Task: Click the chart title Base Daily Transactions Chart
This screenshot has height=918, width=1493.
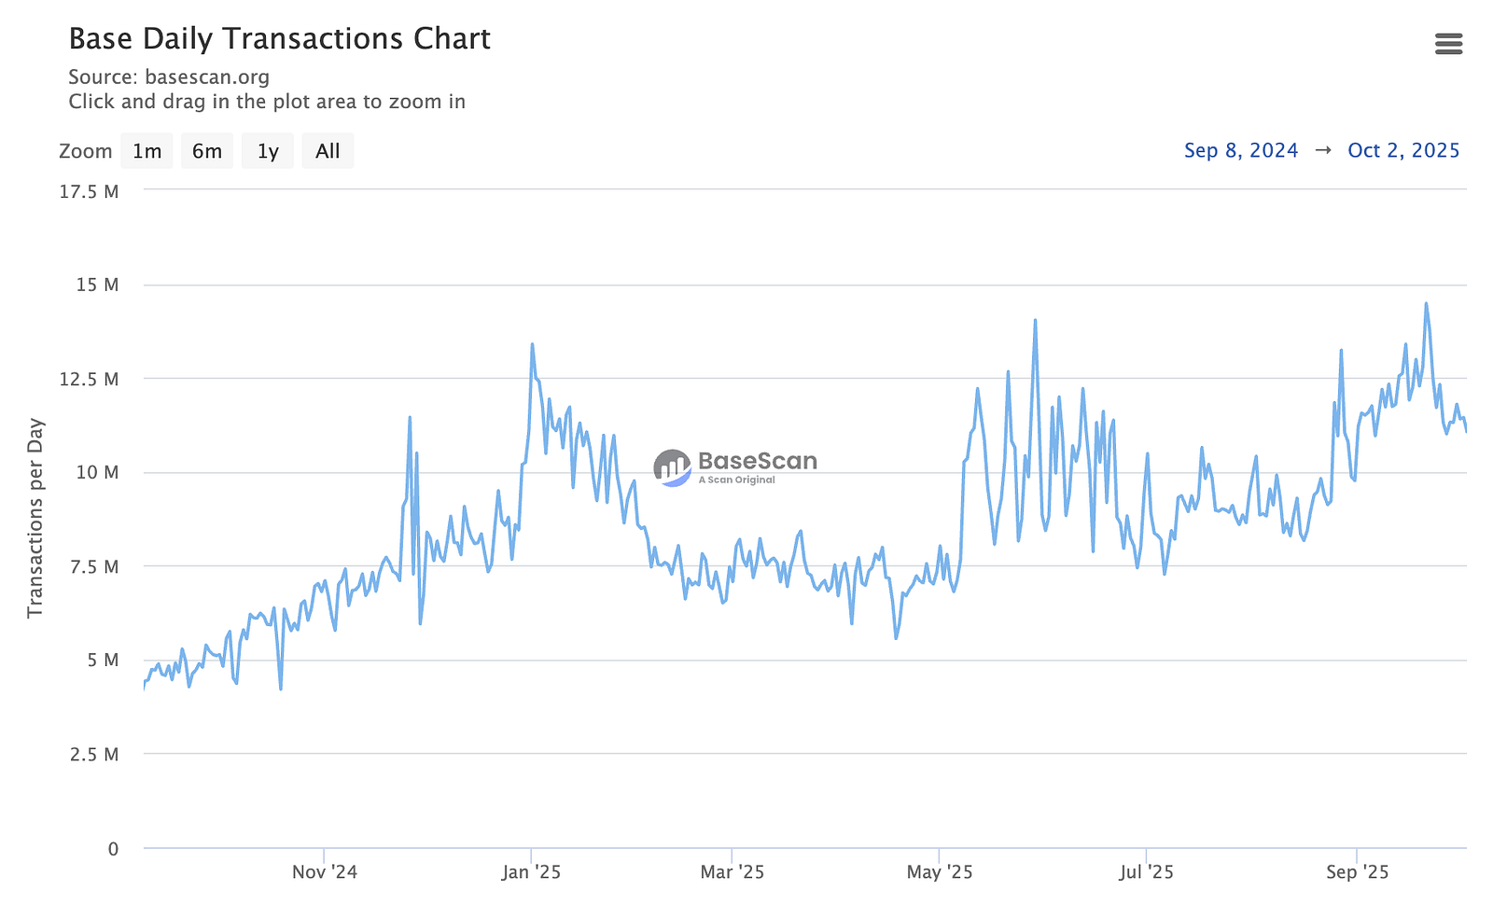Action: click(279, 38)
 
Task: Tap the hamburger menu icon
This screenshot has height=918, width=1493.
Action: click(1448, 44)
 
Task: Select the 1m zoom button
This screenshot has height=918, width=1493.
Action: click(147, 151)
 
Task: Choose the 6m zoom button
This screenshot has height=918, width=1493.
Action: click(207, 151)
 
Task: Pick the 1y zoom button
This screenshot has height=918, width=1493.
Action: click(268, 151)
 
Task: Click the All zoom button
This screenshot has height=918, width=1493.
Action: click(328, 151)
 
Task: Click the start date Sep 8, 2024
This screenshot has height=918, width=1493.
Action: click(1241, 150)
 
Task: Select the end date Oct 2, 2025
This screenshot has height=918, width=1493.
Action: click(1403, 150)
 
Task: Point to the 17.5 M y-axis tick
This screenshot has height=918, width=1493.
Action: click(89, 191)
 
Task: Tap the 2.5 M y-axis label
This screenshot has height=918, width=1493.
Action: click(94, 754)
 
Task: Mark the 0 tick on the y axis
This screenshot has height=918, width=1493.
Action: click(113, 849)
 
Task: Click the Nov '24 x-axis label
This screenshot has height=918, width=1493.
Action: click(324, 872)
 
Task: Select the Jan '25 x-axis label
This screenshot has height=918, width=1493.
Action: click(531, 872)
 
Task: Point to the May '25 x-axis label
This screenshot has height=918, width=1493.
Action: click(939, 872)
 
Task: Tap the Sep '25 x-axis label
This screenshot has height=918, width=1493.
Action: click(1357, 872)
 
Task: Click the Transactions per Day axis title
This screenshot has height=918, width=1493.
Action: click(35, 518)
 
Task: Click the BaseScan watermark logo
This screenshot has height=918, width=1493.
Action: click(735, 466)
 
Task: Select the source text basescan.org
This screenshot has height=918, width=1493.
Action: click(207, 76)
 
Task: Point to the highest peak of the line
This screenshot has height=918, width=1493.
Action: click(1426, 303)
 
